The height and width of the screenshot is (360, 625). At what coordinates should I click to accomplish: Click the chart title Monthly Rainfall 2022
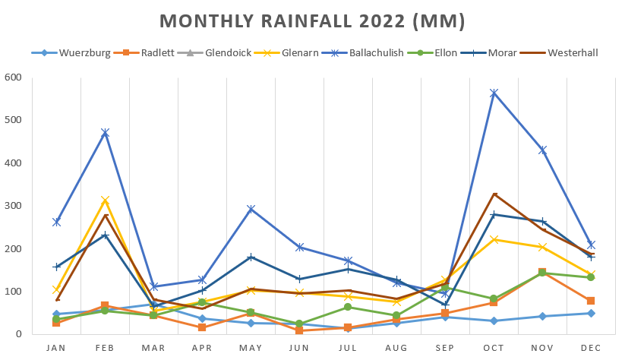tap(312, 21)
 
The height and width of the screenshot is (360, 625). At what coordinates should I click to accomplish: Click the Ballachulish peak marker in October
tap(494, 93)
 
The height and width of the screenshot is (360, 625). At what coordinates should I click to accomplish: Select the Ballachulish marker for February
tap(105, 133)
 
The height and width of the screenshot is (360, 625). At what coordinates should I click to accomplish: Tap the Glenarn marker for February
tap(105, 201)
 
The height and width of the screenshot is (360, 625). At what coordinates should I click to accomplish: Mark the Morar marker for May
tap(251, 257)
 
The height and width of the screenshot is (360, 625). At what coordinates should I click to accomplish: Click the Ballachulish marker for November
tap(542, 150)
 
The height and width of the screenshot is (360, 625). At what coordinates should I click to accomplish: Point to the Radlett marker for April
tap(202, 327)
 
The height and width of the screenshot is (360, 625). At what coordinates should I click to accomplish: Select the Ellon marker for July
tap(348, 307)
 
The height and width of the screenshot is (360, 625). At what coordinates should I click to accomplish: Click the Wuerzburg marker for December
tap(591, 313)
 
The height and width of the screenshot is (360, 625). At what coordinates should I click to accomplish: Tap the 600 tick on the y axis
tap(13, 77)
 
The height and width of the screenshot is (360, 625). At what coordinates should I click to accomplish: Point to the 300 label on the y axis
tap(13, 206)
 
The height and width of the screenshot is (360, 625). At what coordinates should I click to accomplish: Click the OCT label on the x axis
tap(494, 348)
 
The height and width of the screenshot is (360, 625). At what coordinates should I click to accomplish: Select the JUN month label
tap(299, 348)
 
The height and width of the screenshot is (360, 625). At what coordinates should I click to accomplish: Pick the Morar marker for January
tap(56, 267)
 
